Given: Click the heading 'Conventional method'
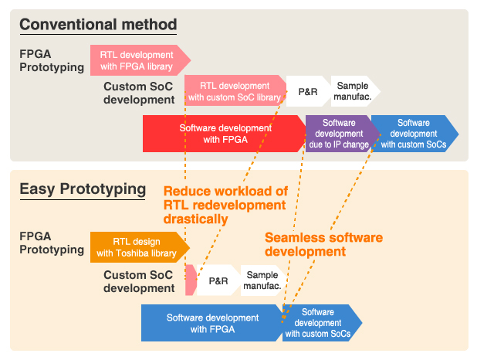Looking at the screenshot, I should point(98,24).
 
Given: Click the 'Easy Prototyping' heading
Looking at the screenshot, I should point(83,188).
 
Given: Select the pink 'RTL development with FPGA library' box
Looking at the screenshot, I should point(137,60).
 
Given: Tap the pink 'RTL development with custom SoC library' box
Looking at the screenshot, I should point(234,91).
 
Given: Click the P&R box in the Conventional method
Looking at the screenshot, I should point(307,91).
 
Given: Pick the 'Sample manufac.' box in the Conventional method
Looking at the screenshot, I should point(353,91).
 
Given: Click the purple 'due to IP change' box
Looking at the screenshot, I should point(338,134).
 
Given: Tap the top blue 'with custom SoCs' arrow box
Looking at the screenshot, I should point(413,134).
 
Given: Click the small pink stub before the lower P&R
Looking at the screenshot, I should point(191,280).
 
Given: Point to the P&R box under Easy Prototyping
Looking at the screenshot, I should point(218,280).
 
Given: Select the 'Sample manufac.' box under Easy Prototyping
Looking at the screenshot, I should point(262,280).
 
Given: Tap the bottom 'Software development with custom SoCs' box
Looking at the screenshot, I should point(319,323).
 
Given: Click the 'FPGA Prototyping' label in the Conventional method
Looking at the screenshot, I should point(51,61).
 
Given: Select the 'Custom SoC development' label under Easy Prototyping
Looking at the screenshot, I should point(139,281).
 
